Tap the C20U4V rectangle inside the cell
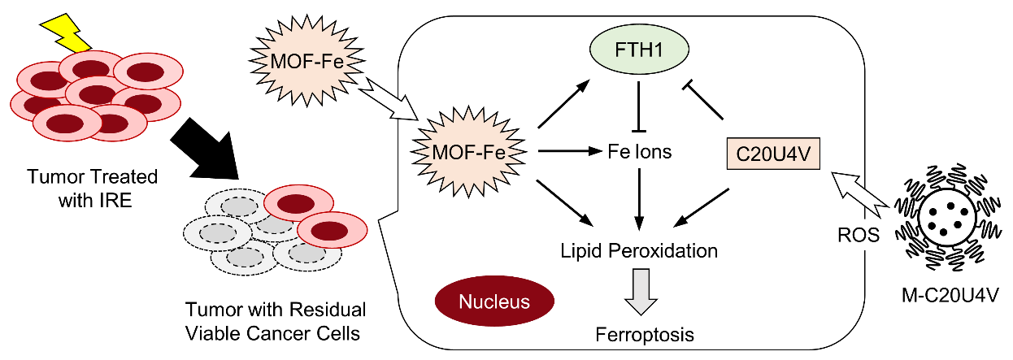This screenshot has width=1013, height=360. pyautogui.click(x=772, y=153)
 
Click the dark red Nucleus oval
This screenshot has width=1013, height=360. pyautogui.click(x=493, y=302)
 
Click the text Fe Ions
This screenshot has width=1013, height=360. pyautogui.click(x=640, y=151)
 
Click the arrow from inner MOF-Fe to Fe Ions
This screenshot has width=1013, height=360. pyautogui.click(x=567, y=151)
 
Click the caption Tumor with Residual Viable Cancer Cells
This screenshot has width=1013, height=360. pyautogui.click(x=276, y=320)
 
